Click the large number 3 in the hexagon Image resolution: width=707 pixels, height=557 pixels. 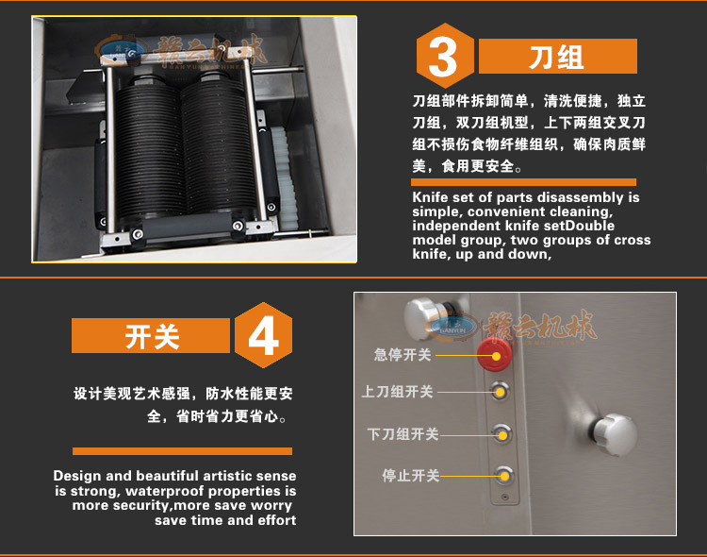pos(443,57)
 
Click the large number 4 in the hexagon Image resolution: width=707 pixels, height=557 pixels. pos(263,335)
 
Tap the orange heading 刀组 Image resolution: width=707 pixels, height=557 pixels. pos(556,57)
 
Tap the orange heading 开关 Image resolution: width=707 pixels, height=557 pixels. pos(152,336)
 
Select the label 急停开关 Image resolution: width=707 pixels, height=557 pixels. pos(403,355)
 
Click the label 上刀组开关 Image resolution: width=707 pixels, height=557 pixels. pos(398,391)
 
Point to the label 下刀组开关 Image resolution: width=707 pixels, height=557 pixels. pos(403,434)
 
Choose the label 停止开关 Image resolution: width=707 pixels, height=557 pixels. pos(410,475)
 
